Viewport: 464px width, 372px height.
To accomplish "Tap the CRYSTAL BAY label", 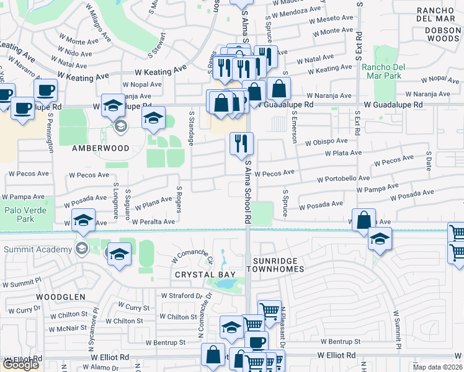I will point(199,274).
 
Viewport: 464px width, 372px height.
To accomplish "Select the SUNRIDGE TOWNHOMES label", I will point(275,265).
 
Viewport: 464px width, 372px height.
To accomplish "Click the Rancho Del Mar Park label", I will point(382,71).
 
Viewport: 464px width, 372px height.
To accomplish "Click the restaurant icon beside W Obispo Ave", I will point(241,143).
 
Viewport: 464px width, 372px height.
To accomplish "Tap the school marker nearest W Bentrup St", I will point(231,328).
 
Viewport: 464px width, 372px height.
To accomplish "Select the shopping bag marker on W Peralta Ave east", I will point(364,220).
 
